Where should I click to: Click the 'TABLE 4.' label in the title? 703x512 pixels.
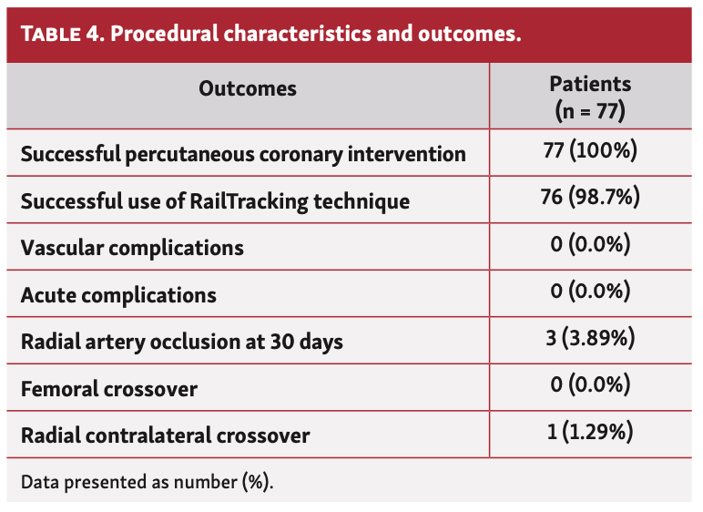coord(61,35)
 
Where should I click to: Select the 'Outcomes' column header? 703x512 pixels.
coord(248,88)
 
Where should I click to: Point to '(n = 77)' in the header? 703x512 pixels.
coord(590,111)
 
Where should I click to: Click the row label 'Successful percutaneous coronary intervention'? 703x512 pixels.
coord(243,154)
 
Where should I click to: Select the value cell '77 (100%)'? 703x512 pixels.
coord(590,150)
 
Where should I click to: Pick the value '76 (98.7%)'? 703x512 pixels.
coord(590,198)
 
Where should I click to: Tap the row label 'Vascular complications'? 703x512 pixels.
coord(132,248)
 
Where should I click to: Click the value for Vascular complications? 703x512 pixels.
coord(590,245)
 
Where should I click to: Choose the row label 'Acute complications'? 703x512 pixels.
coord(118,295)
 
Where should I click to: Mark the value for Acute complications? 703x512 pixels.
coord(590,292)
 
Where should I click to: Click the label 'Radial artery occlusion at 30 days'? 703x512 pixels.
coord(181,343)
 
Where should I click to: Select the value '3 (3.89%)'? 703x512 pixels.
coord(590,339)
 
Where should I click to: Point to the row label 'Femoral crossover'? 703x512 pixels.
coord(109,389)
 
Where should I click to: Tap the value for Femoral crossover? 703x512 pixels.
coord(590,386)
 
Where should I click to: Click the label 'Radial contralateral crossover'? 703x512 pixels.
coord(165,435)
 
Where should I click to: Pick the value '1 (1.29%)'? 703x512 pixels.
coord(590,433)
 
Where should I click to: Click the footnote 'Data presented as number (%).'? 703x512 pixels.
coord(147,480)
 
